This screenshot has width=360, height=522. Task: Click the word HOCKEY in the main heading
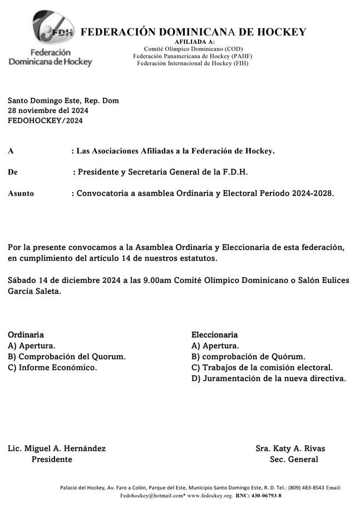click(x=281, y=32)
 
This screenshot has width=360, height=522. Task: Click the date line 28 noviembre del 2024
click(x=48, y=111)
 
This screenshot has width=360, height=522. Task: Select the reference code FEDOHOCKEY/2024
click(x=45, y=121)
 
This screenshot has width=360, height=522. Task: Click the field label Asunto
click(x=21, y=193)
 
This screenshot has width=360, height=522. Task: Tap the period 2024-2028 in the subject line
click(x=312, y=193)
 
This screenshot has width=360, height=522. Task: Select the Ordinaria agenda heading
click(x=26, y=335)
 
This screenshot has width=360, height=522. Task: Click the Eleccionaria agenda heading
click(x=214, y=335)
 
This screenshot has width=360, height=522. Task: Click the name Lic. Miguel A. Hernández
click(x=57, y=449)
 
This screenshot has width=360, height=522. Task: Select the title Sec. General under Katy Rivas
click(x=294, y=460)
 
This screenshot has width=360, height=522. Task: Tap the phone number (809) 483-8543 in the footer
click(x=302, y=488)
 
